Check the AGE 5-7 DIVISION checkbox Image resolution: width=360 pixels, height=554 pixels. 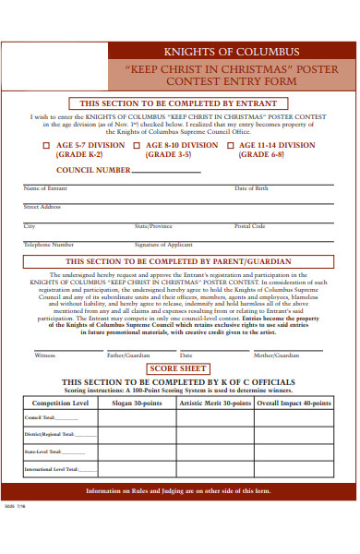tap(47, 145)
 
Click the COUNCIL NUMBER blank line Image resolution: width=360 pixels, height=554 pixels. tap(166, 172)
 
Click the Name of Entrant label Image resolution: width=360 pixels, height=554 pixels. tap(45, 188)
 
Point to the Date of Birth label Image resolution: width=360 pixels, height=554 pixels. tap(251, 188)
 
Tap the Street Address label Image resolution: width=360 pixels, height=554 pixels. tap(42, 207)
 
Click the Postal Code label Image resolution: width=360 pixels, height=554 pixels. tap(249, 226)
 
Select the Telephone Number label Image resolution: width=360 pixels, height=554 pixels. tap(49, 245)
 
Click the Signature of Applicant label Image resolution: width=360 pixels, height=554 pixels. tap(163, 245)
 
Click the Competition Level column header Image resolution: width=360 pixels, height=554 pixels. tap(60, 403)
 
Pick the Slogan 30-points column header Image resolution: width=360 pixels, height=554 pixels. tap(137, 403)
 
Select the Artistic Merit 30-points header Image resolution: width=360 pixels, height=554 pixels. tap(214, 403)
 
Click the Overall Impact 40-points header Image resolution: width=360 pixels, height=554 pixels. tap(293, 403)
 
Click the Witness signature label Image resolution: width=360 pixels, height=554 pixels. tap(44, 355)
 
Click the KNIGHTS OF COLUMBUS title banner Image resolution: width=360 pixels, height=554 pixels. tap(231, 52)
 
